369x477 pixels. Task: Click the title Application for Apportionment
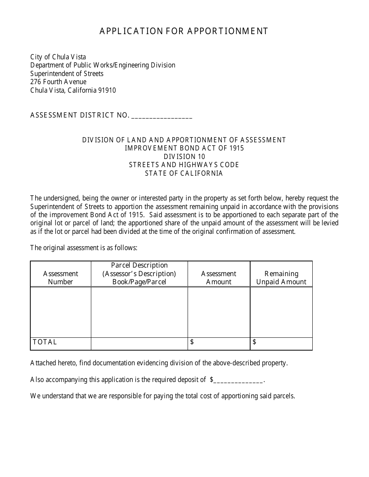184,31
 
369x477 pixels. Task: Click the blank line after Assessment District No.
162,116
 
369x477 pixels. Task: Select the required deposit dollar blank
238,380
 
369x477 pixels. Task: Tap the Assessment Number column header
61,278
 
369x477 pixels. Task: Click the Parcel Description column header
139,273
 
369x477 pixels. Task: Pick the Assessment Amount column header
219,278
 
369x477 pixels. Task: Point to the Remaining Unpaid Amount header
281,278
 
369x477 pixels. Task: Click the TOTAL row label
45,342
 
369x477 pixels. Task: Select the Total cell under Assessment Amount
219,344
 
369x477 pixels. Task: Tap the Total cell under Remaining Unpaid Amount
281,344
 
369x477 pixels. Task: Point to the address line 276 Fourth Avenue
58,82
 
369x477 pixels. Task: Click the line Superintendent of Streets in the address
67,74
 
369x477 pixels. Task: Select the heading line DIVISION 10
184,157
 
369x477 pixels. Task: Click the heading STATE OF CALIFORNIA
184,173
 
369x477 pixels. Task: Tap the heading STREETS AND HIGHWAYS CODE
184,165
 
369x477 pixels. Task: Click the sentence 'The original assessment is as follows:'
84,248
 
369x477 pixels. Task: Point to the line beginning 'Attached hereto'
159,363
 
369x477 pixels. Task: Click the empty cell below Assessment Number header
61,312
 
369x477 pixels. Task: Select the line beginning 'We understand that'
162,396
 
